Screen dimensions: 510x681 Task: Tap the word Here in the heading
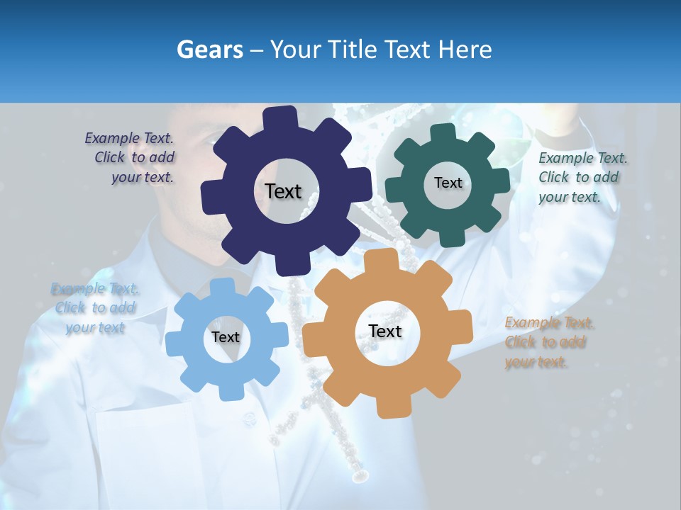point(465,50)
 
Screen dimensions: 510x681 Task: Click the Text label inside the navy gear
point(283,191)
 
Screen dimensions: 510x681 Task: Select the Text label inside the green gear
point(448,183)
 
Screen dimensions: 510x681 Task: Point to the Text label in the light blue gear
point(226,337)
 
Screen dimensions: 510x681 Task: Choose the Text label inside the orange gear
point(385,331)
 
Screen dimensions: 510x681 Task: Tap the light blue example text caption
point(95,308)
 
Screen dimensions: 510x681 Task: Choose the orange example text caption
point(546,342)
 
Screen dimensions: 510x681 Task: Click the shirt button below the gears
point(248,419)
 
